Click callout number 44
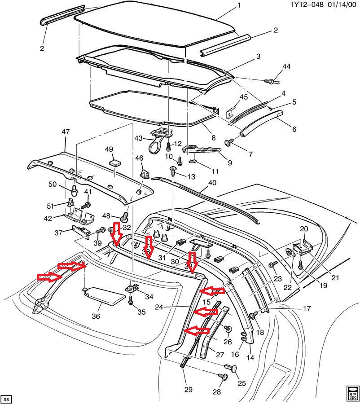tap(286, 67)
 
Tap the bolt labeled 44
tap(272, 82)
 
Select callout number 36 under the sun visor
tap(96, 316)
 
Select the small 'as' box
tap(6, 399)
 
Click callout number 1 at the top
tap(239, 5)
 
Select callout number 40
tap(211, 183)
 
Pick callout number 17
tap(307, 308)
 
